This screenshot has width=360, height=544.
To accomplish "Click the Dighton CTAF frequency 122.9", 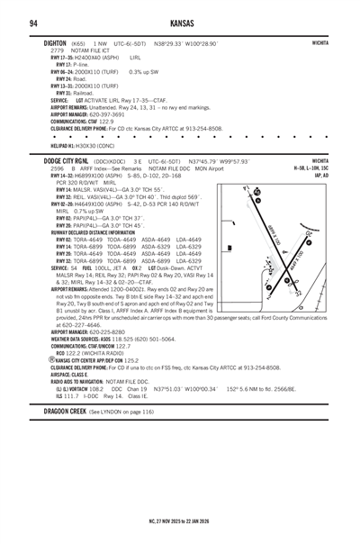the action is (113, 121).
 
